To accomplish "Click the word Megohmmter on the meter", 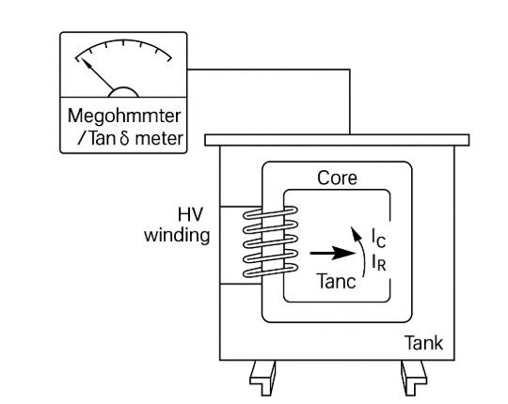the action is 124,117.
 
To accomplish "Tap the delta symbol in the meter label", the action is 124,138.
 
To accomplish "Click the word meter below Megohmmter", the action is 159,138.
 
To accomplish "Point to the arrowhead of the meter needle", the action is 86,62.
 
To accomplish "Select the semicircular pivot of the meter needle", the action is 123,92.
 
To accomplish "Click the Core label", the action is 337,178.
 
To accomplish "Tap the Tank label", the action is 423,343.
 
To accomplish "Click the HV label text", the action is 190,214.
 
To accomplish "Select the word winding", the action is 177,235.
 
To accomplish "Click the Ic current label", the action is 378,238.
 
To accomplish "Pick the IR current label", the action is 379,262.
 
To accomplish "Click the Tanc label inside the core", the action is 337,281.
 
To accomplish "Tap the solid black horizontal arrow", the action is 333,253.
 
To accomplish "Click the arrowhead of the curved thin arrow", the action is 355,232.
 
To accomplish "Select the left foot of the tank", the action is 263,378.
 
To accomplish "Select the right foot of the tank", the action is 413,378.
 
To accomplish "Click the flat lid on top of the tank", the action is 337,140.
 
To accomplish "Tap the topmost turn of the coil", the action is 270,213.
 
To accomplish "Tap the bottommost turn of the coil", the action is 270,271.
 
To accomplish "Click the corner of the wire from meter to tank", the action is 350,70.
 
